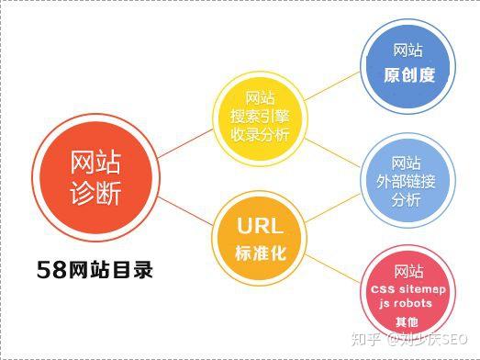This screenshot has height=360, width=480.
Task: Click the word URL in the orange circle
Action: pos(260,227)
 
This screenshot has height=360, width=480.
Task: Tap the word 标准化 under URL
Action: pos(260,253)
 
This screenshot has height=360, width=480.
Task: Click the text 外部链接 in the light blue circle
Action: pos(406,182)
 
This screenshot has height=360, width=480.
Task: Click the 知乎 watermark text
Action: pos(365,341)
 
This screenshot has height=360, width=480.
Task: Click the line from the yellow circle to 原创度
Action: pos(330,88)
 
